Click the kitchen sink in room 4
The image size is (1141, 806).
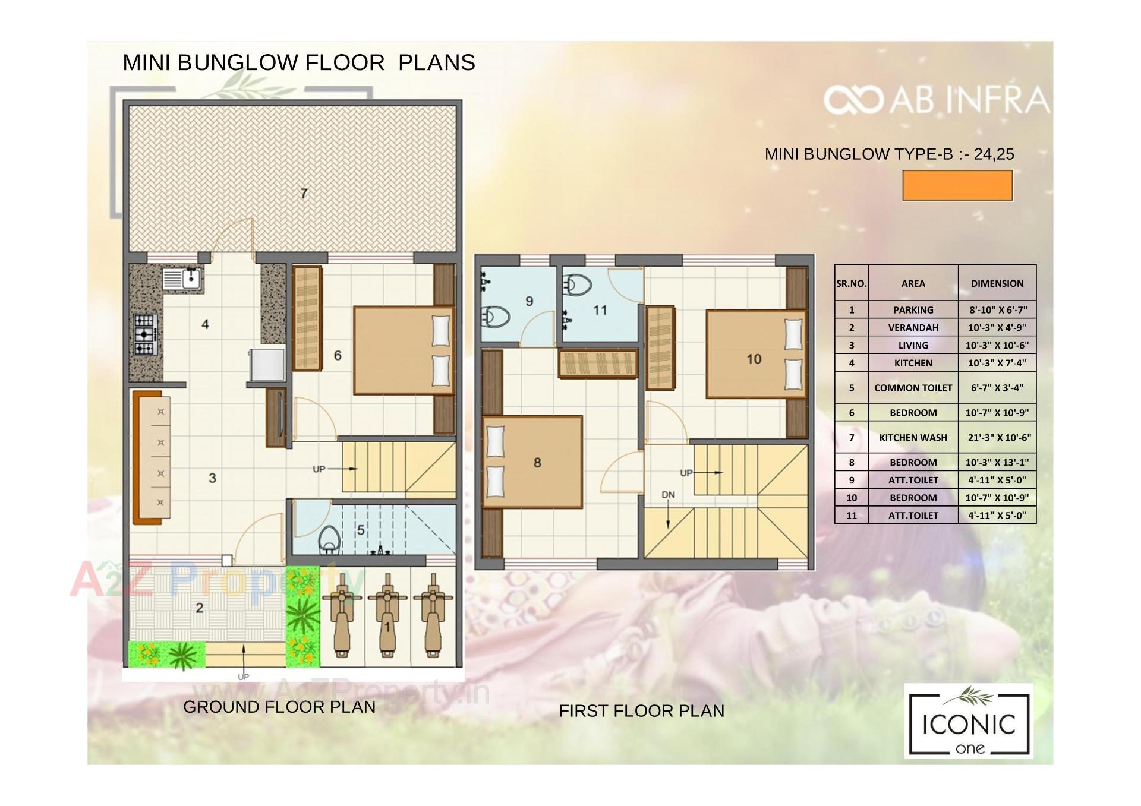tap(183, 279)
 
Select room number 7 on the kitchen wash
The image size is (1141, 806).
tap(304, 194)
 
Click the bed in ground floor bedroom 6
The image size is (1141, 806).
tap(403, 350)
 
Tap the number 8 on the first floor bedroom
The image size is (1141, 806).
tap(537, 463)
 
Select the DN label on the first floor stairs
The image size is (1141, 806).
tap(668, 495)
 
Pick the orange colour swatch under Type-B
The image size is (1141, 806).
tap(957, 186)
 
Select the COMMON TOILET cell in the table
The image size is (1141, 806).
tap(913, 388)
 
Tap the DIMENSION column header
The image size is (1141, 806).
tap(997, 284)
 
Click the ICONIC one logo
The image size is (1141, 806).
tap(969, 721)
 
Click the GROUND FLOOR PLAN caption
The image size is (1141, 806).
tap(279, 707)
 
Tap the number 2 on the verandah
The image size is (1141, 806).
tap(200, 608)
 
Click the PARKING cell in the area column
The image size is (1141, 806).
tap(913, 310)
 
